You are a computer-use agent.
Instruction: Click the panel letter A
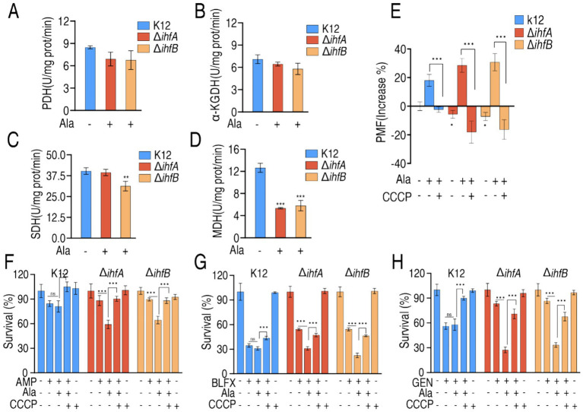tap(14, 11)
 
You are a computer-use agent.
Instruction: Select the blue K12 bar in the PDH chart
tap(90, 79)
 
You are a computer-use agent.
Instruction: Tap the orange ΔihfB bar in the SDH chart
tap(125, 212)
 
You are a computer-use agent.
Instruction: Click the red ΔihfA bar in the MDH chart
tap(280, 223)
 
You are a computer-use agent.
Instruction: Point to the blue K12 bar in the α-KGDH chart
tap(258, 86)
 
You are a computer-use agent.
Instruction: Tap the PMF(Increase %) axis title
tap(381, 102)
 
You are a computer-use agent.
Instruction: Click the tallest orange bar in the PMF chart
tap(495, 84)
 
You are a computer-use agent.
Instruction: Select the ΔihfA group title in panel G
tap(310, 274)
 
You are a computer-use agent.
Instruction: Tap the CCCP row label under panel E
tap(397, 196)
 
